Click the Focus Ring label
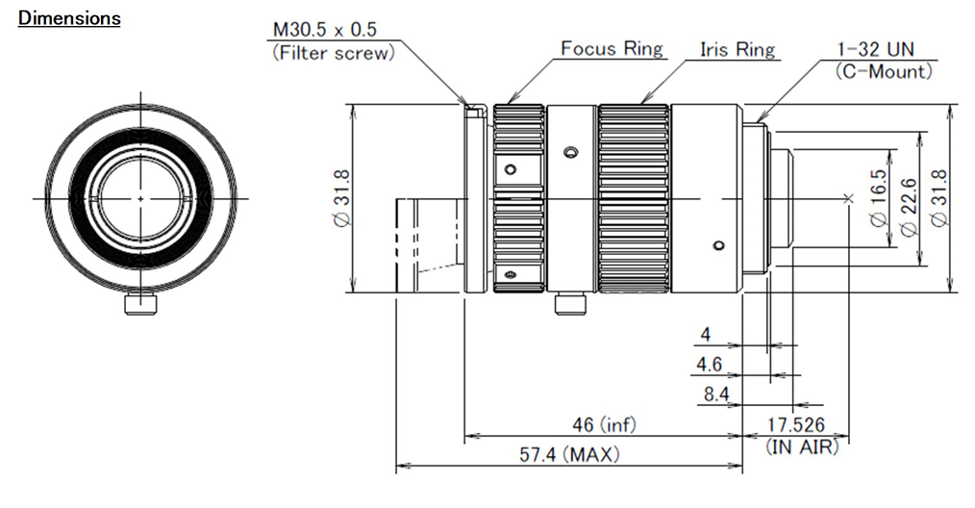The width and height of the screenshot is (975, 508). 612,49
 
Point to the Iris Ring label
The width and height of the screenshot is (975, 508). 737,49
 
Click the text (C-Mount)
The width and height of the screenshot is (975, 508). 884,70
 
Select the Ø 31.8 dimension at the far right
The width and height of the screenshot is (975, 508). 939,199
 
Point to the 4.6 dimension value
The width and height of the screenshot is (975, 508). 708,366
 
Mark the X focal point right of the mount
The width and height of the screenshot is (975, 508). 846,199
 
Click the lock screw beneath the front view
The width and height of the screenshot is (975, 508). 140,303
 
